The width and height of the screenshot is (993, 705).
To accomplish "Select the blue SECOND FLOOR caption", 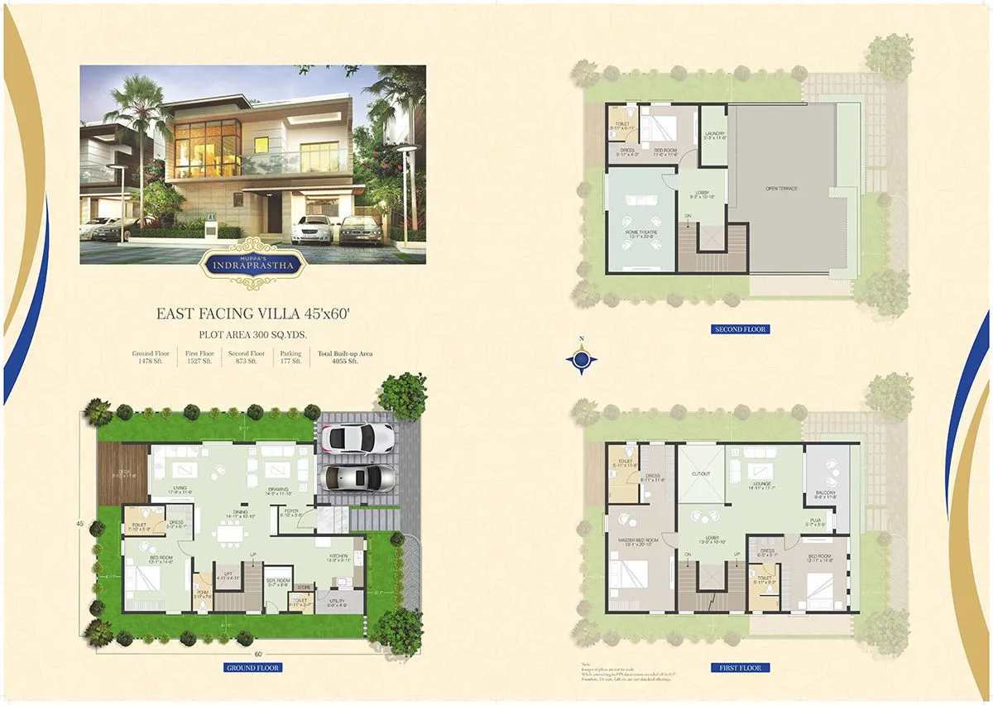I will click(x=741, y=329).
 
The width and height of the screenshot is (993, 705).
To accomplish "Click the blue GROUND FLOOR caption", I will click(x=253, y=668).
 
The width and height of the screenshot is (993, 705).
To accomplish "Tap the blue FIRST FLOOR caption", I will click(x=741, y=668).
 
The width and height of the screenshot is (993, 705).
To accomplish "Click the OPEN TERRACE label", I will click(x=782, y=189).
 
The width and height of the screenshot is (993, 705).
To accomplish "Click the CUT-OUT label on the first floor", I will click(x=700, y=474).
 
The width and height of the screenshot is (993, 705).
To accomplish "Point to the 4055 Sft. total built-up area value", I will click(x=344, y=362).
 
